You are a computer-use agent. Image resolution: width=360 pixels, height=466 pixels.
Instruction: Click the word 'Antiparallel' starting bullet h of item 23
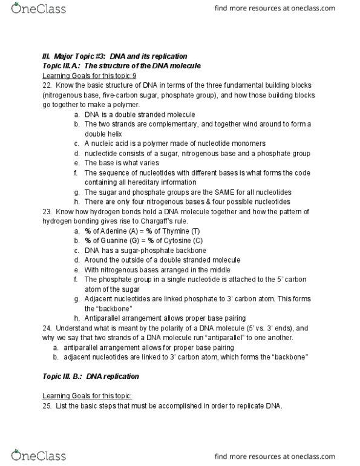tap(103, 318)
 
